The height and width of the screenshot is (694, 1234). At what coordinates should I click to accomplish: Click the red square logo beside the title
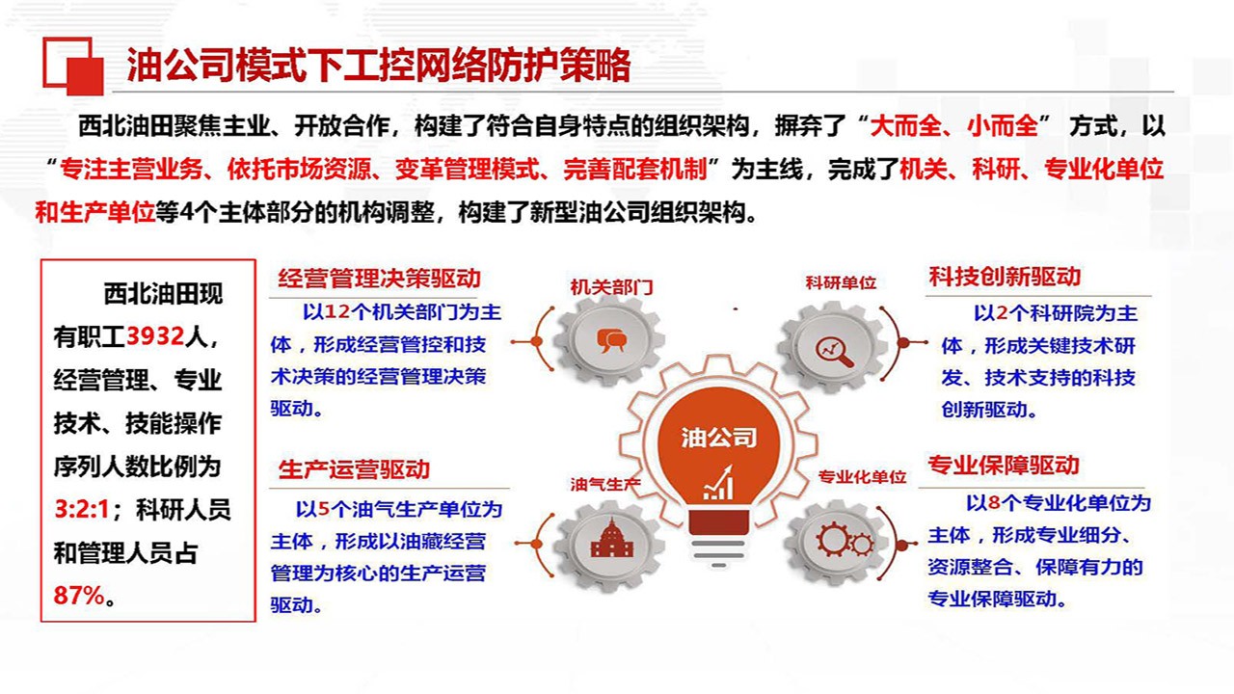pos(73,67)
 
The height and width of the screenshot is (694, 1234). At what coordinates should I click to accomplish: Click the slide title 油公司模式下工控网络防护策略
pos(379,65)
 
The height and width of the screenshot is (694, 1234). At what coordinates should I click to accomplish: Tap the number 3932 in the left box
pos(155,336)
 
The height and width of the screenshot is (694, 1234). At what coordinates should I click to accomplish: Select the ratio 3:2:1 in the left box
pos(82,510)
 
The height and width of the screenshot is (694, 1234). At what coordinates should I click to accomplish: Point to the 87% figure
pos(79,596)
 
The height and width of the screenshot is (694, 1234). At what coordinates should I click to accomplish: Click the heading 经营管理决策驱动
pos(380,279)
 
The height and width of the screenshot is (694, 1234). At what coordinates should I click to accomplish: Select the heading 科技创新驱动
pos(1005,277)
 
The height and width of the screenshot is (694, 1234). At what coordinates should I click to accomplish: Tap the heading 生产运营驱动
pos(354,469)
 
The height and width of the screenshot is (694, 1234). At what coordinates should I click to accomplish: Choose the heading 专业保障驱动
pos(1004,466)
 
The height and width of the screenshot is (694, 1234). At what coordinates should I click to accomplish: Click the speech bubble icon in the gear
pos(611,340)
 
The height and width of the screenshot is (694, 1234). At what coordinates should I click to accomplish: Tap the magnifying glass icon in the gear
pos(834,352)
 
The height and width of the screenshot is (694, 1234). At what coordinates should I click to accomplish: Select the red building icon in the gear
pos(611,538)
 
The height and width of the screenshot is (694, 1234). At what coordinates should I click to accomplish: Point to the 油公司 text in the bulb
pos(719,438)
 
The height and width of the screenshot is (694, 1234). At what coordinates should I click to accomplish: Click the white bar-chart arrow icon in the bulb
pos(718,483)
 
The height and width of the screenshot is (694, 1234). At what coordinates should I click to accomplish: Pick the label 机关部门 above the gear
pos(611,287)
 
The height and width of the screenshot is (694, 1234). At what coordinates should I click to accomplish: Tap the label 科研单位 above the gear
pos(841,283)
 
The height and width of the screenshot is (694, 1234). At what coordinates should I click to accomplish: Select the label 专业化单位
pos(862,477)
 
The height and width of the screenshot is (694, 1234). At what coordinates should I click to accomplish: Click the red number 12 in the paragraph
pos(337,312)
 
